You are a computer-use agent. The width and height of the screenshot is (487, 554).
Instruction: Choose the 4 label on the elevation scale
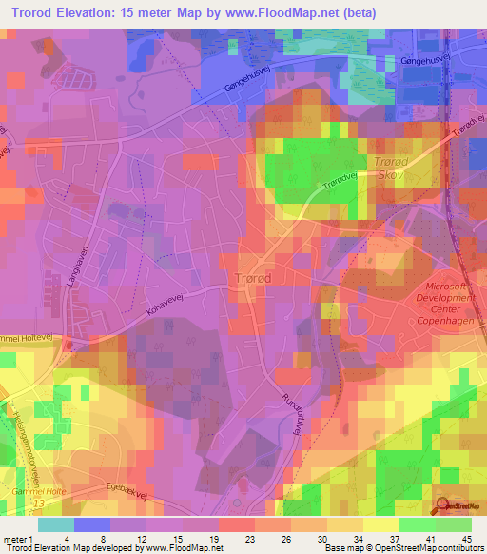click(67, 538)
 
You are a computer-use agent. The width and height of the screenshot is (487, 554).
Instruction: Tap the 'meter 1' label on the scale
click(18, 538)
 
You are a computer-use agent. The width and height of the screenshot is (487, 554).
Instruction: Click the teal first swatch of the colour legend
click(56, 524)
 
